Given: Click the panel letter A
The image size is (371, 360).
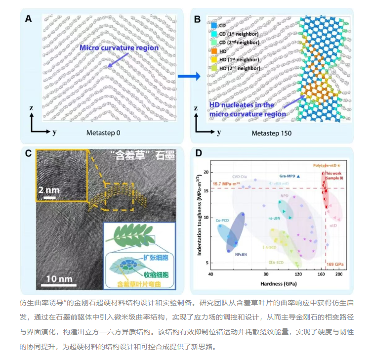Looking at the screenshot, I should pyautogui.click(x=29, y=19).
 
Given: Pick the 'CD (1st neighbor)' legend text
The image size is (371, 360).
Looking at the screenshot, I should pyautogui.click(x=238, y=33).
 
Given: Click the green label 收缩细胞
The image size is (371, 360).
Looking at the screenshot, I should pyautogui.click(x=154, y=273).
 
